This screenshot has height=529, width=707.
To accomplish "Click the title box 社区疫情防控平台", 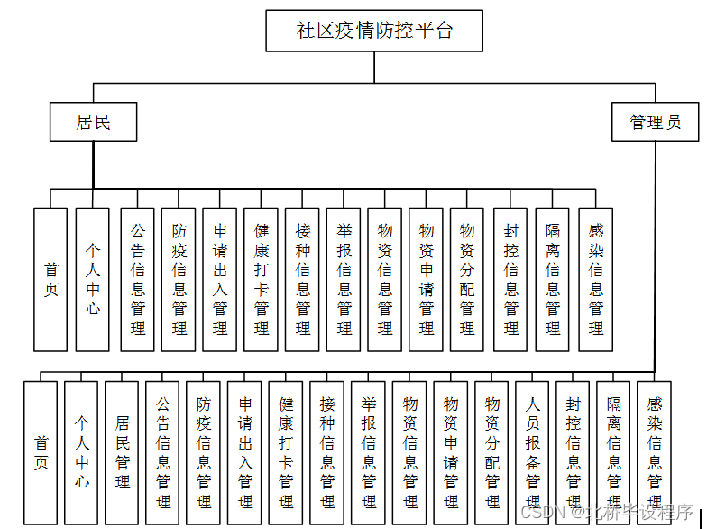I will [374, 32].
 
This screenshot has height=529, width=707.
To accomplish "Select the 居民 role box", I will [93, 122].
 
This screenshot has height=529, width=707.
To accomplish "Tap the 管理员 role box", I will [655, 122].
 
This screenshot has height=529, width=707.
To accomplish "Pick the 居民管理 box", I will [122, 451].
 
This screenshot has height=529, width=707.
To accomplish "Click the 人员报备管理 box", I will [532, 451].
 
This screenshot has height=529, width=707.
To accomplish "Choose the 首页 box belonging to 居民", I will [50, 279].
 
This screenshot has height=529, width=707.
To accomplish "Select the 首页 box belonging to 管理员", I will [41, 451].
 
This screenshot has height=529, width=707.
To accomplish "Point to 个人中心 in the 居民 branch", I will [92, 279].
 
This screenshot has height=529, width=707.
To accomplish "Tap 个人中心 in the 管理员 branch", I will [81, 451].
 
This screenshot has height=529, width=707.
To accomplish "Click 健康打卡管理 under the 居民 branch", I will [261, 279].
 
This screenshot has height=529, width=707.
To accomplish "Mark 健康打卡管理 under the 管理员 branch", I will [285, 451].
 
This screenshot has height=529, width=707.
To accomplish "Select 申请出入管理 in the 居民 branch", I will [219, 279].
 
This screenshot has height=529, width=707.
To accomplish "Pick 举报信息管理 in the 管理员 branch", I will [368, 451].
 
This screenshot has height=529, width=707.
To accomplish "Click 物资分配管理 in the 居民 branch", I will [467, 279].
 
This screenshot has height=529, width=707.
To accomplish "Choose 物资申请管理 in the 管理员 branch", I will [450, 451].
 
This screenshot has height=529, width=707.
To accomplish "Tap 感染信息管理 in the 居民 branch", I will [595, 279].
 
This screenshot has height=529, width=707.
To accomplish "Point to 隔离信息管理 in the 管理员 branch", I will [614, 451].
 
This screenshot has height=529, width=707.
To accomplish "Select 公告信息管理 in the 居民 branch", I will [137, 279].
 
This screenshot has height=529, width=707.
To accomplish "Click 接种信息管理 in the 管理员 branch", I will [326, 451].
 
